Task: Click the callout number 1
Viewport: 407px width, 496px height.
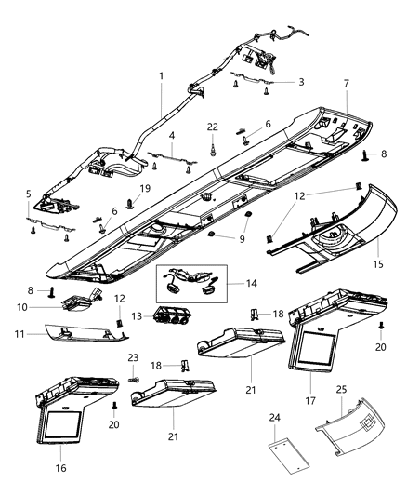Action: (161, 74)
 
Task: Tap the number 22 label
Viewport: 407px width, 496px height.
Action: (213, 127)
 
